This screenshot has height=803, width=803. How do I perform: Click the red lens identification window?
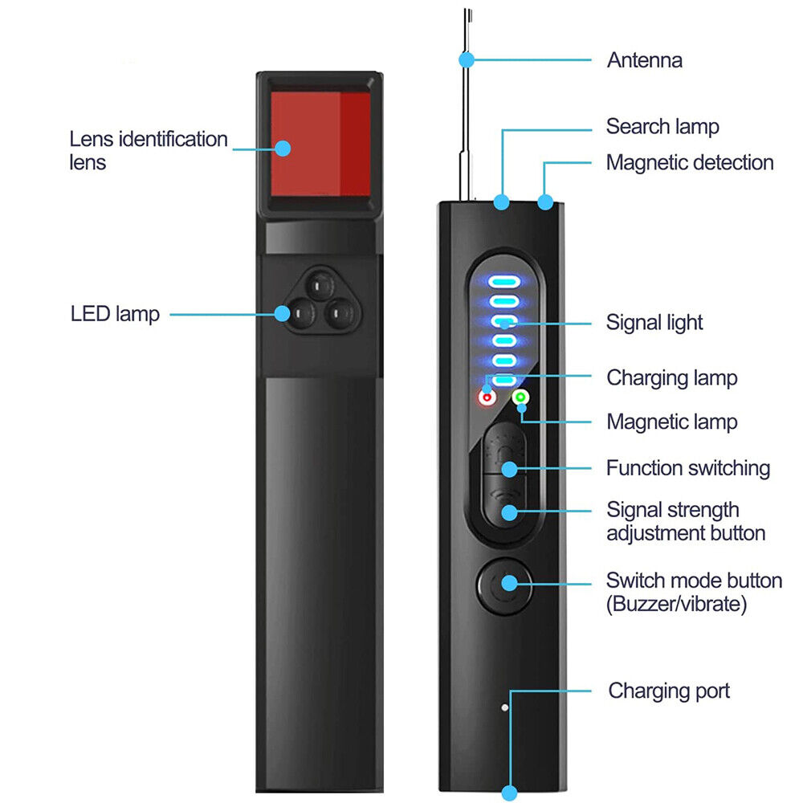(x=320, y=145)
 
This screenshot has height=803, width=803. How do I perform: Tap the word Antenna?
(x=644, y=60)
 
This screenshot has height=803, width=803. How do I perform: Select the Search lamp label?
(x=662, y=126)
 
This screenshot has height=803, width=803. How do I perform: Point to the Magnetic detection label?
(x=690, y=162)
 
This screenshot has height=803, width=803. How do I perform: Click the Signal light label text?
(x=654, y=323)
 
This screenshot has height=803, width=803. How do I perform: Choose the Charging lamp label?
(x=671, y=377)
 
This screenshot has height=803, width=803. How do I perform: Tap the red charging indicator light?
(x=486, y=397)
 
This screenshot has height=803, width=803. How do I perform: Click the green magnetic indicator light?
(x=520, y=396)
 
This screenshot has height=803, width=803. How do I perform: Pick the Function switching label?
(x=688, y=468)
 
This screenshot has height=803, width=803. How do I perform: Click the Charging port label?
(x=669, y=691)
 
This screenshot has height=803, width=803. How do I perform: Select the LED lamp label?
(x=115, y=314)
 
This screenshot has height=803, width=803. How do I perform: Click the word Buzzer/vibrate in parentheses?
(x=676, y=604)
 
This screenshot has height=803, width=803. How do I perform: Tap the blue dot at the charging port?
(x=509, y=793)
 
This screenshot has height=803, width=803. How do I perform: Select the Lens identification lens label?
(x=149, y=150)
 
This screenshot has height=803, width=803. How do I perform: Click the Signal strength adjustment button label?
(x=685, y=521)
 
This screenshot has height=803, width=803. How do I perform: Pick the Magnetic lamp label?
(x=671, y=422)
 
